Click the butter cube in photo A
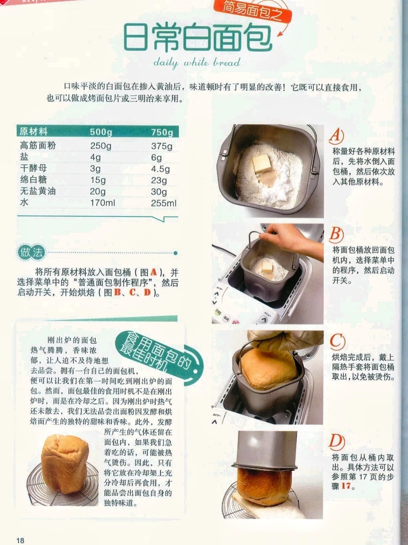262,163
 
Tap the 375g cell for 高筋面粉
161,146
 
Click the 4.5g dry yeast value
161,169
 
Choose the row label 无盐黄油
38,191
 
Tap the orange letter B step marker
336,235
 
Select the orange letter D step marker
337,442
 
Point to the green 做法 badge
32,253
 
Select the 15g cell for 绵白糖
98,180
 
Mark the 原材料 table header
34,131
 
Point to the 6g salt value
156,158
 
